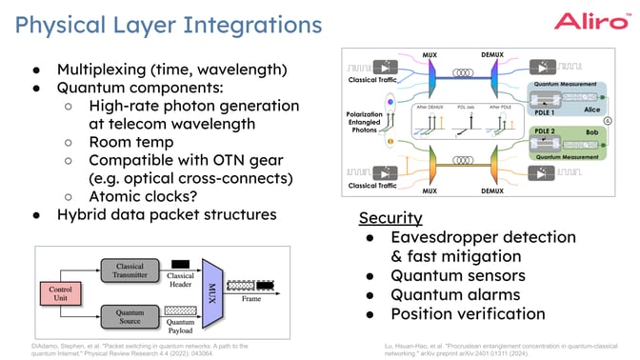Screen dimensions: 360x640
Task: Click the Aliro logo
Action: tap(591, 22)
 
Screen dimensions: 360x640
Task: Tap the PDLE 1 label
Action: tap(543, 110)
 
